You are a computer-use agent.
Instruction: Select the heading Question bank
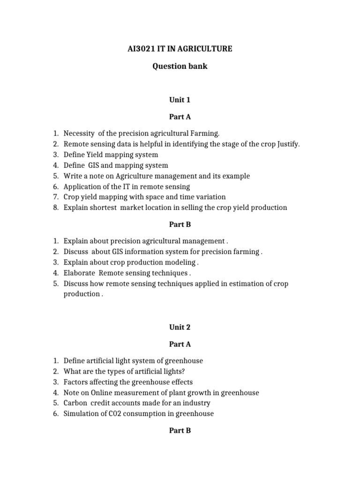point(180,66)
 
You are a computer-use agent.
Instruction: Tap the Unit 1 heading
point(180,100)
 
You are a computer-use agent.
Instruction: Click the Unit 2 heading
point(180,327)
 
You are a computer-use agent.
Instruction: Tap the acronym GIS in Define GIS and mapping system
point(93,165)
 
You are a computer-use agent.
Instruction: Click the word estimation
point(232,284)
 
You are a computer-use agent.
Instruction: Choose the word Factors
point(75,382)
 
